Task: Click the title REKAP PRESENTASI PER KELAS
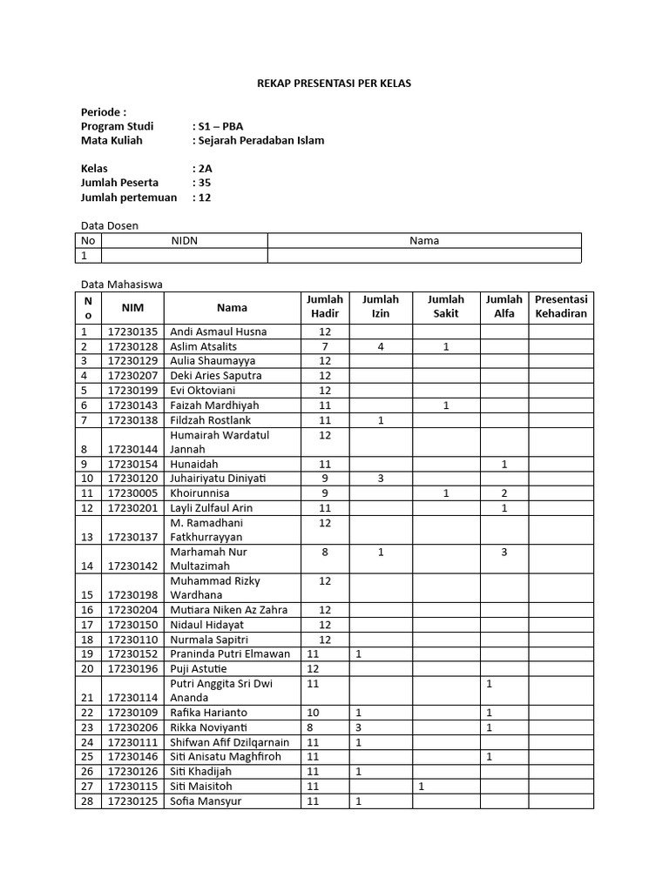coord(334,84)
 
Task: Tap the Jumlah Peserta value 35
coord(205,183)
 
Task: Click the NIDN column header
coord(184,241)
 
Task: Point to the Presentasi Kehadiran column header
coord(561,306)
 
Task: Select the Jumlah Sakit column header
coord(445,306)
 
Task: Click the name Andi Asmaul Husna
coord(219,332)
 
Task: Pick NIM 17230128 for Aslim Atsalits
coord(133,346)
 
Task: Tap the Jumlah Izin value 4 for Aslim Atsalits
coord(381,346)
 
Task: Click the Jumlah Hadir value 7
coord(325,346)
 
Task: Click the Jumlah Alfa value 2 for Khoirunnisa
coord(503,493)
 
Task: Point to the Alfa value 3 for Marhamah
coord(503,552)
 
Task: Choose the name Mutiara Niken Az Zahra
coord(229,610)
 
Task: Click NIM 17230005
coord(133,493)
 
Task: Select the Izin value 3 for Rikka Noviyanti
coord(358,727)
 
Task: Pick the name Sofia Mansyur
coord(206,801)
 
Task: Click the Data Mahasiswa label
coord(121,284)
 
